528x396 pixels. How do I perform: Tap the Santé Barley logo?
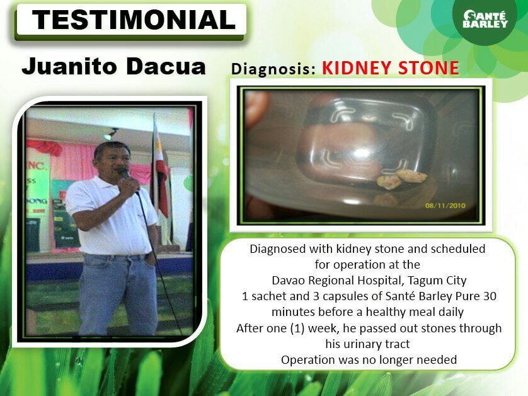(485, 18)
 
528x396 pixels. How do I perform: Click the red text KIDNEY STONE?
(390, 67)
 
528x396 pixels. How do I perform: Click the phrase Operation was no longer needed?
(369, 360)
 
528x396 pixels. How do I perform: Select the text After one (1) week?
(287, 328)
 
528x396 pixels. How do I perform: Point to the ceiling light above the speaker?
(112, 134)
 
